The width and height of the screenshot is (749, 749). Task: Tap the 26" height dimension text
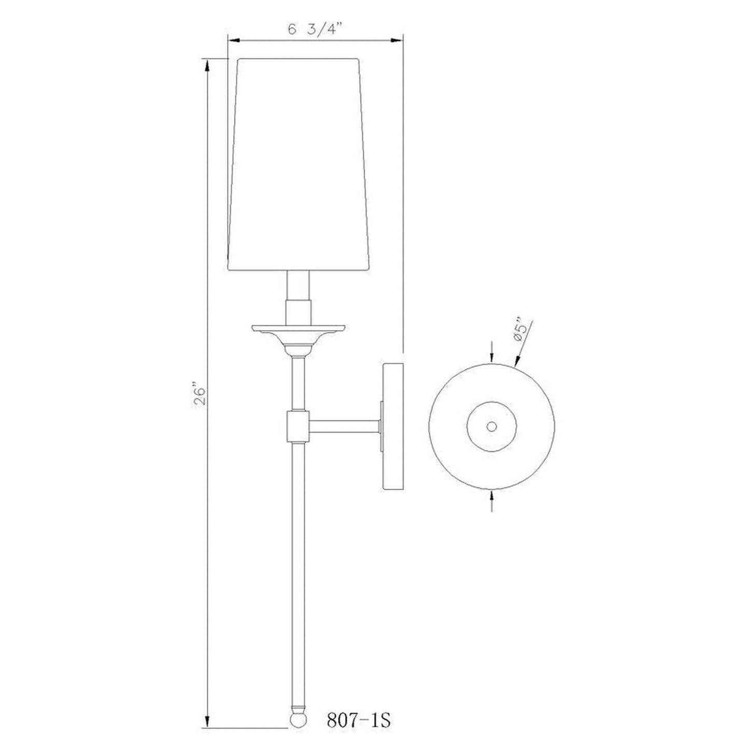point(200,394)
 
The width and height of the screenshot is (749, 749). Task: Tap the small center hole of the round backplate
point(492,426)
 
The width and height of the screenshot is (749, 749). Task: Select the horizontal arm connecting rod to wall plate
point(344,426)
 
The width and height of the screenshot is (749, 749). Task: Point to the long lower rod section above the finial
point(299,570)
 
